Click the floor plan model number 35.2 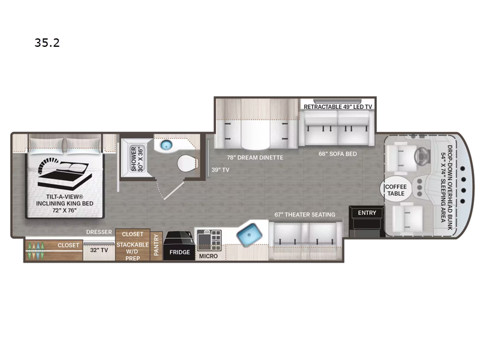47,43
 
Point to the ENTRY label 367,213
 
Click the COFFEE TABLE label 396,190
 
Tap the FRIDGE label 179,252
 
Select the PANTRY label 156,245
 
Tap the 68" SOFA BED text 338,154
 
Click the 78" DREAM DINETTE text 255,157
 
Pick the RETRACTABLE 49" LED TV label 338,107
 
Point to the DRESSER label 99,232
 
